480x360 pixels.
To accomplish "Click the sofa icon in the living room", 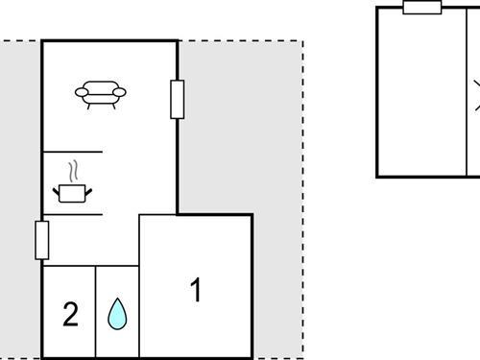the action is pyautogui.click(x=101, y=94).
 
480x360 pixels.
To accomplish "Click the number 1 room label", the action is pyautogui.click(x=196, y=290).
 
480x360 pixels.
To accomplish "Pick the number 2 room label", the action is pyautogui.click(x=70, y=314).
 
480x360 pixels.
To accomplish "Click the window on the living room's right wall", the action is pyautogui.click(x=177, y=99).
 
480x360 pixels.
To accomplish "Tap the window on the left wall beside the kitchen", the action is pyautogui.click(x=41, y=240).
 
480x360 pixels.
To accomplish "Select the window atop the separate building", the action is pyautogui.click(x=422, y=8).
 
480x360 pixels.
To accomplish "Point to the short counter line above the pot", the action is pyautogui.click(x=72, y=152).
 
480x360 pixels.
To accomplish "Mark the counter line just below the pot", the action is pyautogui.click(x=72, y=214).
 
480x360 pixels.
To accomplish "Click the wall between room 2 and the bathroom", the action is pyautogui.click(x=96, y=312).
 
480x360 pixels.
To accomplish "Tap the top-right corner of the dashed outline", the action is pyautogui.click(x=302, y=40).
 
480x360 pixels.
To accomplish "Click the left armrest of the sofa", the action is pyautogui.click(x=81, y=93).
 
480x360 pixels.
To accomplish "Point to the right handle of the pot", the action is pyautogui.click(x=89, y=191).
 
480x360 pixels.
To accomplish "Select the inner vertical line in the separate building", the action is pyautogui.click(x=466, y=91).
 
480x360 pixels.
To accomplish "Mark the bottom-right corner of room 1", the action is pyautogui.click(x=252, y=356).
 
